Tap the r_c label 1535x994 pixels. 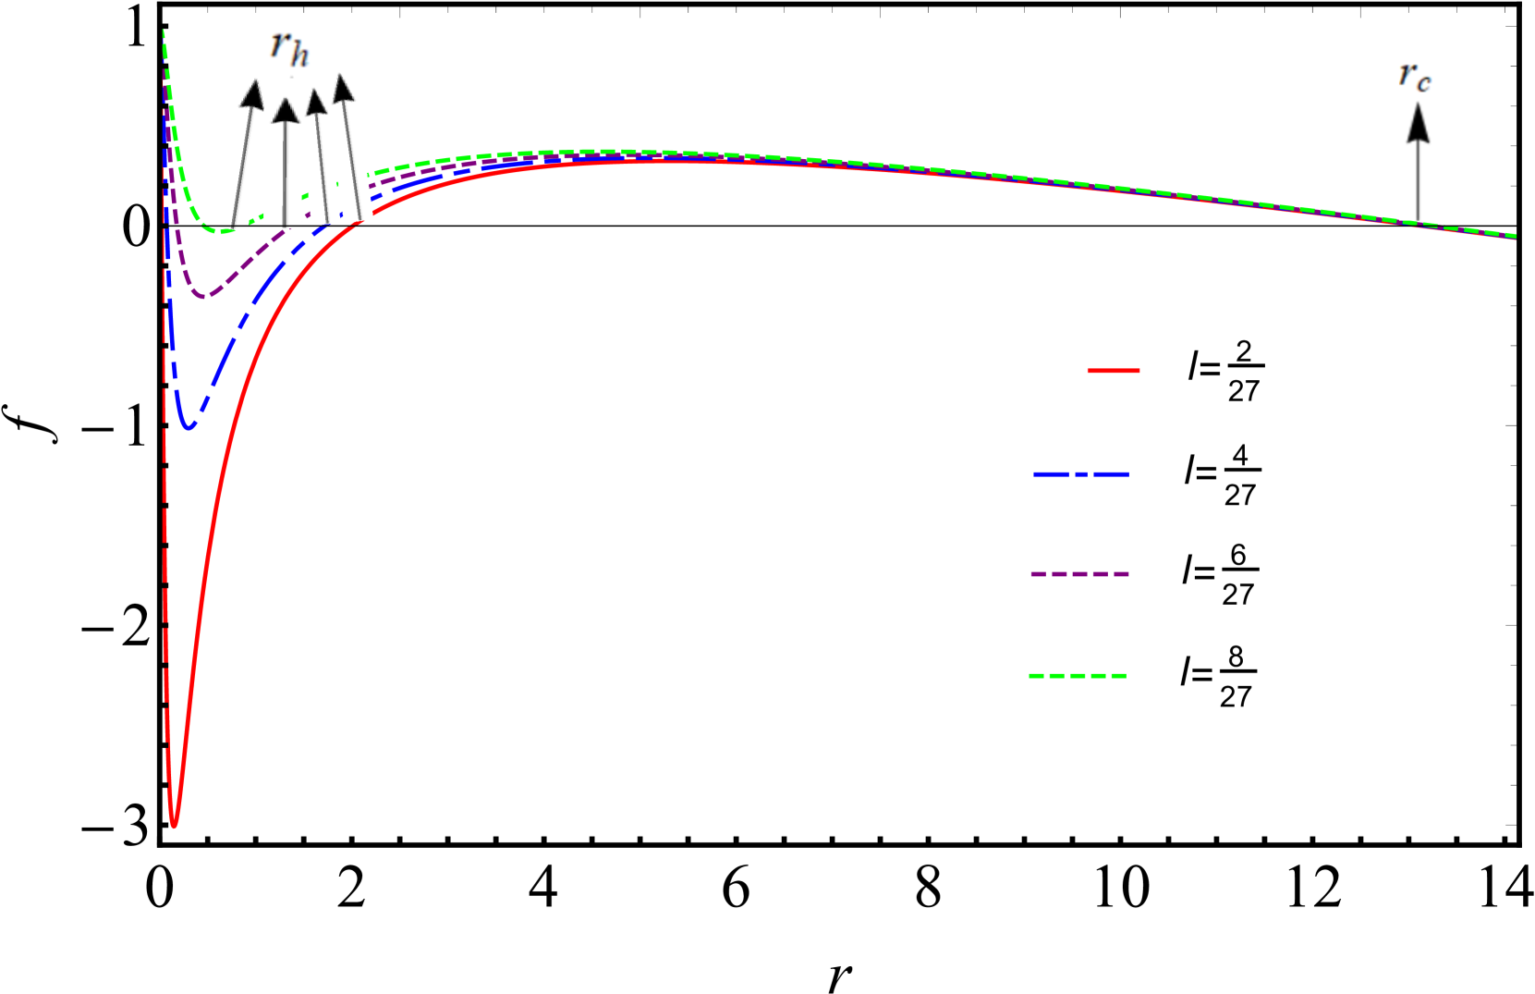click(1415, 76)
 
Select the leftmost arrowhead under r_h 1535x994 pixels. click(250, 95)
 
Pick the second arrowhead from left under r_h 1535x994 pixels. click(286, 110)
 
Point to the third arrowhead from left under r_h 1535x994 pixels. click(316, 101)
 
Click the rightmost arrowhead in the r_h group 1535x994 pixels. click(343, 88)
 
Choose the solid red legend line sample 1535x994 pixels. click(1113, 371)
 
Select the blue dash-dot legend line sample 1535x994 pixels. click(1080, 474)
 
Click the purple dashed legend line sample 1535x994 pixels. click(1079, 574)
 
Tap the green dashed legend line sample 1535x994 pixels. click(1078, 676)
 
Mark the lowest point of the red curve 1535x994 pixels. click(174, 825)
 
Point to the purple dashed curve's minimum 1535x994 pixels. click(205, 296)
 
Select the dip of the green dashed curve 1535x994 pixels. click(222, 230)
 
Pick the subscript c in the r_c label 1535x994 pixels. click(1423, 83)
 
